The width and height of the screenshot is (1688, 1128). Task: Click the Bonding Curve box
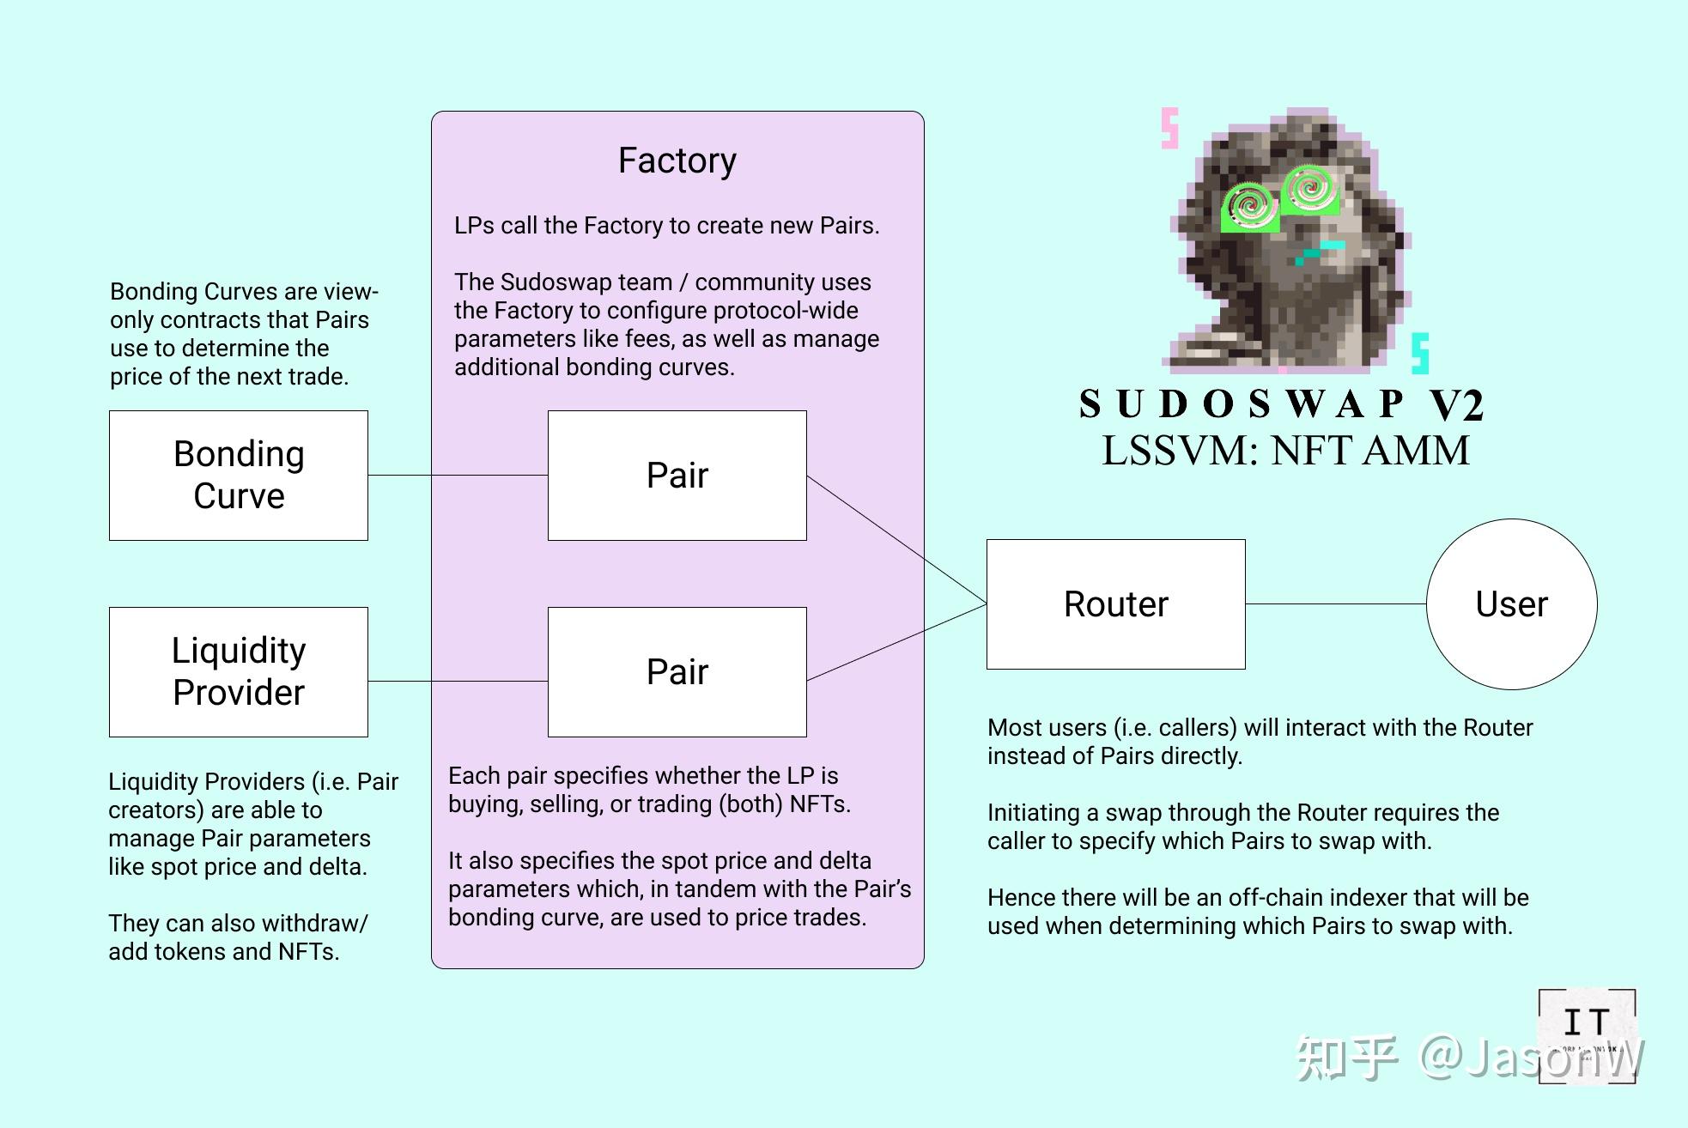(x=239, y=476)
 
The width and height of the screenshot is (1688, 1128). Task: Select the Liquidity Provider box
(x=239, y=672)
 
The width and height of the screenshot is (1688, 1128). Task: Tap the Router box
(x=1115, y=604)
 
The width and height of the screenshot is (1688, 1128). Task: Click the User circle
(x=1511, y=604)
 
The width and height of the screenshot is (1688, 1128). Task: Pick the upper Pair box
(x=677, y=476)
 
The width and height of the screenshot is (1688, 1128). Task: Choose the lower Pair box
(x=677, y=672)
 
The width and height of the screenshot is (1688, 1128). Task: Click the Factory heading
(x=677, y=161)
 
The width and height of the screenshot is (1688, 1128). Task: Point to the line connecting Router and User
(x=1335, y=603)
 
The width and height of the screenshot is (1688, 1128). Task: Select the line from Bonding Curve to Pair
(x=458, y=475)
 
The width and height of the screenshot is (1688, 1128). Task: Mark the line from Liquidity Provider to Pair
(x=458, y=681)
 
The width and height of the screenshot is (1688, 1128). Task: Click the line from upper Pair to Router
(x=897, y=540)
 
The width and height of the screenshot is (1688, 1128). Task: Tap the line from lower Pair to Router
(x=897, y=643)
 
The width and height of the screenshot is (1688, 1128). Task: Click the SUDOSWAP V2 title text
(x=1280, y=403)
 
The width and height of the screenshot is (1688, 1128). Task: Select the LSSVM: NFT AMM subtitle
(x=1285, y=451)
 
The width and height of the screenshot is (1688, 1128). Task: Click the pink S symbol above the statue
(x=1169, y=129)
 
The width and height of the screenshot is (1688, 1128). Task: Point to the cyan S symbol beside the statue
(x=1420, y=353)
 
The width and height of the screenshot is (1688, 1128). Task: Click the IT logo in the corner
(x=1586, y=1035)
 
